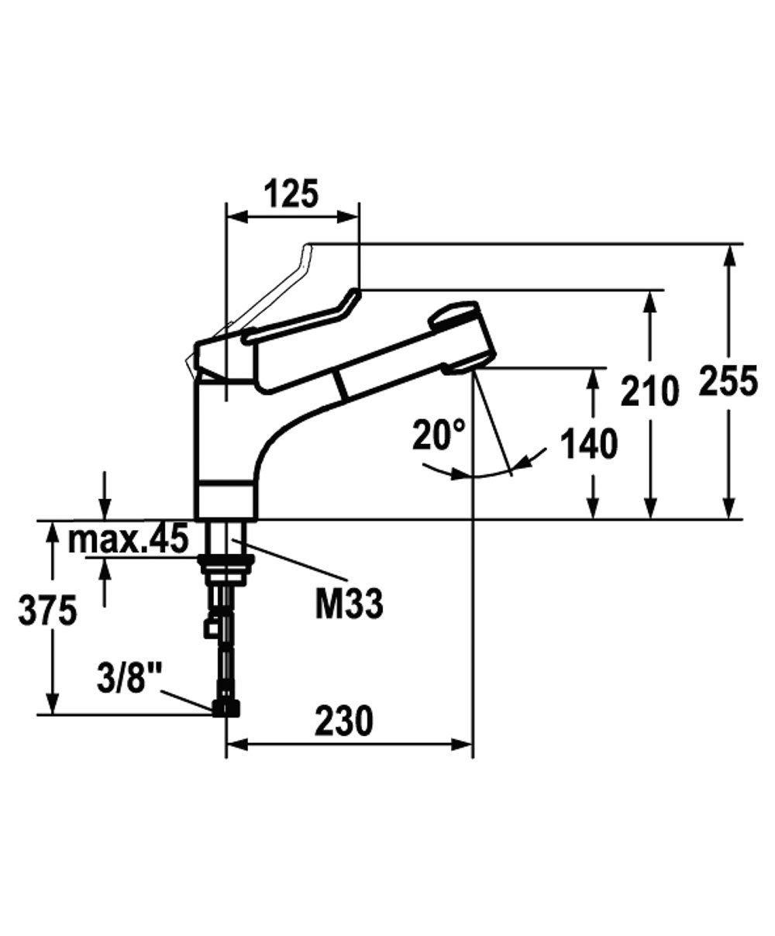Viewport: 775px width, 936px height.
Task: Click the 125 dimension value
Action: click(x=292, y=194)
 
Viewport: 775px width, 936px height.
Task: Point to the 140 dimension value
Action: click(x=589, y=444)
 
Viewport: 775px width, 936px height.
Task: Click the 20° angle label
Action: click(x=439, y=435)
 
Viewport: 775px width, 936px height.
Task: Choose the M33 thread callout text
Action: click(x=350, y=604)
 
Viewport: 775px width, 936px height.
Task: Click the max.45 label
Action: click(x=128, y=539)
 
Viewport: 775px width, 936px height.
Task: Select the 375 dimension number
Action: click(x=47, y=610)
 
